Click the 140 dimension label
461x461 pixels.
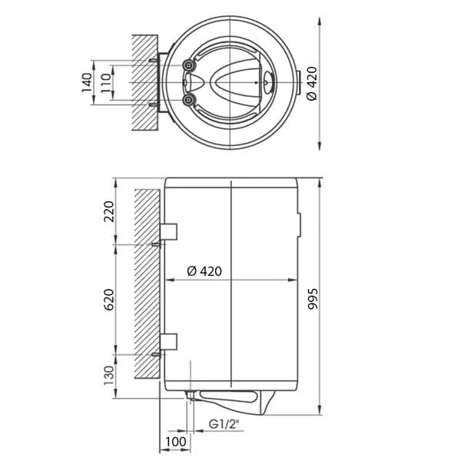coord(87,83)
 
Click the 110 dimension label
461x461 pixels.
coord(106,83)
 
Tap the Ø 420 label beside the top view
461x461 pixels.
coord(312,84)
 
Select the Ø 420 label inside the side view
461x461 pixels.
coord(204,271)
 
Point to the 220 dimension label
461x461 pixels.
coord(108,211)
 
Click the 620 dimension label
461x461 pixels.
coord(108,300)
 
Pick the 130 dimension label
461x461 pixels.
coord(108,376)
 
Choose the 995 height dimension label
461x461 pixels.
coord(313,299)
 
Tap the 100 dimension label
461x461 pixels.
coord(176,442)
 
